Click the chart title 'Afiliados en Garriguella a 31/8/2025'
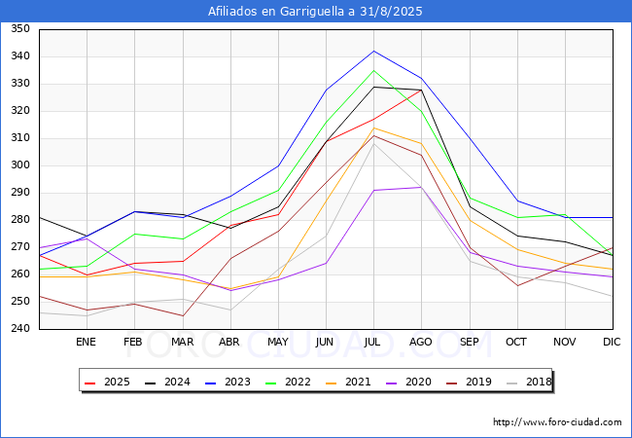click(x=316, y=12)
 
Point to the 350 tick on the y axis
click(x=19, y=29)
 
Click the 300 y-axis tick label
click(x=19, y=165)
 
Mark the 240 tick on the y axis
click(x=19, y=329)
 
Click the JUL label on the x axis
click(x=372, y=343)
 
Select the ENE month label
click(x=87, y=343)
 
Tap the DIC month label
click(x=612, y=343)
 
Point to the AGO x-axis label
click(x=420, y=343)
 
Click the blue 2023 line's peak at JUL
click(x=372, y=51)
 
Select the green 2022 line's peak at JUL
click(x=372, y=70)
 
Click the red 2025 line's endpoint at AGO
click(x=420, y=90)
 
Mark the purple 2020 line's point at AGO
click(x=420, y=187)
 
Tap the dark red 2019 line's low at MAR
click(x=182, y=315)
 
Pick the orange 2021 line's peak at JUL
click(x=372, y=128)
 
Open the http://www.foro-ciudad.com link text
click(x=557, y=422)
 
